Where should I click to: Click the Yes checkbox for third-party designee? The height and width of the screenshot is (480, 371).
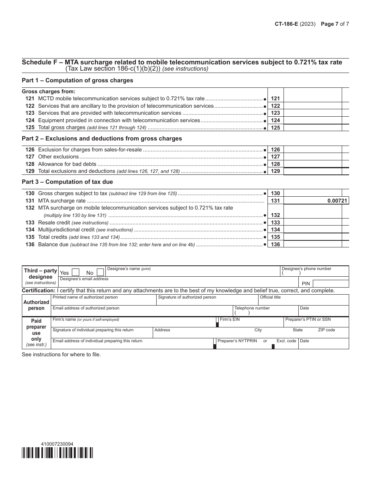pyautogui.click(x=77, y=272)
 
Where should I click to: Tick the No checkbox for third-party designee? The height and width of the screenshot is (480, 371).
pyautogui.click(x=100, y=272)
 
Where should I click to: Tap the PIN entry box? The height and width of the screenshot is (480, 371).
pyautogui.click(x=330, y=284)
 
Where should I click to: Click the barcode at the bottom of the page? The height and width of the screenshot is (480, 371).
pyautogui.click(x=57, y=452)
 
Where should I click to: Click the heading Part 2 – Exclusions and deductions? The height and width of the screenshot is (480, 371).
pyautogui.click(x=102, y=139)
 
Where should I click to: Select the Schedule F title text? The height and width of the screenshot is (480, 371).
pyautogui.click(x=182, y=62)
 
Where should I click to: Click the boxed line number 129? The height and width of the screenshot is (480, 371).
pyautogui.click(x=275, y=171)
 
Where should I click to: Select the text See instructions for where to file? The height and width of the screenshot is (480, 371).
pyautogui.click(x=61, y=355)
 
